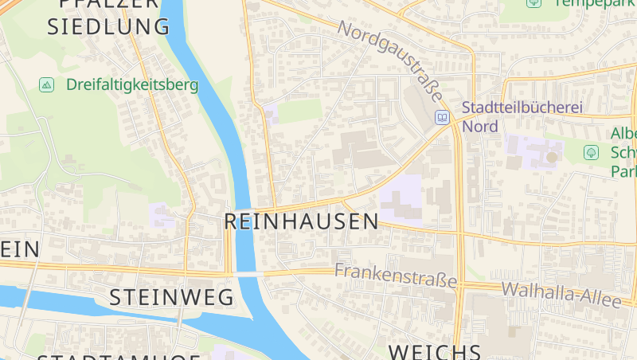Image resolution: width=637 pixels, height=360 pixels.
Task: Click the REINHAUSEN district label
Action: [x=301, y=221]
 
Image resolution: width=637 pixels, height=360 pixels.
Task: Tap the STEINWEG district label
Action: [x=171, y=298]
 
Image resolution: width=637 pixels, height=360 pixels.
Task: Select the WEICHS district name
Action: [x=434, y=351]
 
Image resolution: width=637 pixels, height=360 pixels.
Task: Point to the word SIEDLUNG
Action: [x=108, y=26]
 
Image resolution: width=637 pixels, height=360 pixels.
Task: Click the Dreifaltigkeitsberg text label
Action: [x=131, y=84]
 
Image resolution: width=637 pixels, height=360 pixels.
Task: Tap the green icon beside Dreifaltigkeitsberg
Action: [x=46, y=84]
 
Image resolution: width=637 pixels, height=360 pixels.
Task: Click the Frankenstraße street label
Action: [x=396, y=276]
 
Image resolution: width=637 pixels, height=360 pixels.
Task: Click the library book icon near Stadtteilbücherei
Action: [x=441, y=118]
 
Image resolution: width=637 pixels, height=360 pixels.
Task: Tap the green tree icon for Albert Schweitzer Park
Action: [x=591, y=151]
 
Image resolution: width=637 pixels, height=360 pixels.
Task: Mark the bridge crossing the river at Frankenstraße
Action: [x=249, y=274]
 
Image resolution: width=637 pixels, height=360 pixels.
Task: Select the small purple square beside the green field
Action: [x=271, y=113]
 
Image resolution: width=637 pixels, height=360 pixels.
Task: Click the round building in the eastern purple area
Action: [x=551, y=157]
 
